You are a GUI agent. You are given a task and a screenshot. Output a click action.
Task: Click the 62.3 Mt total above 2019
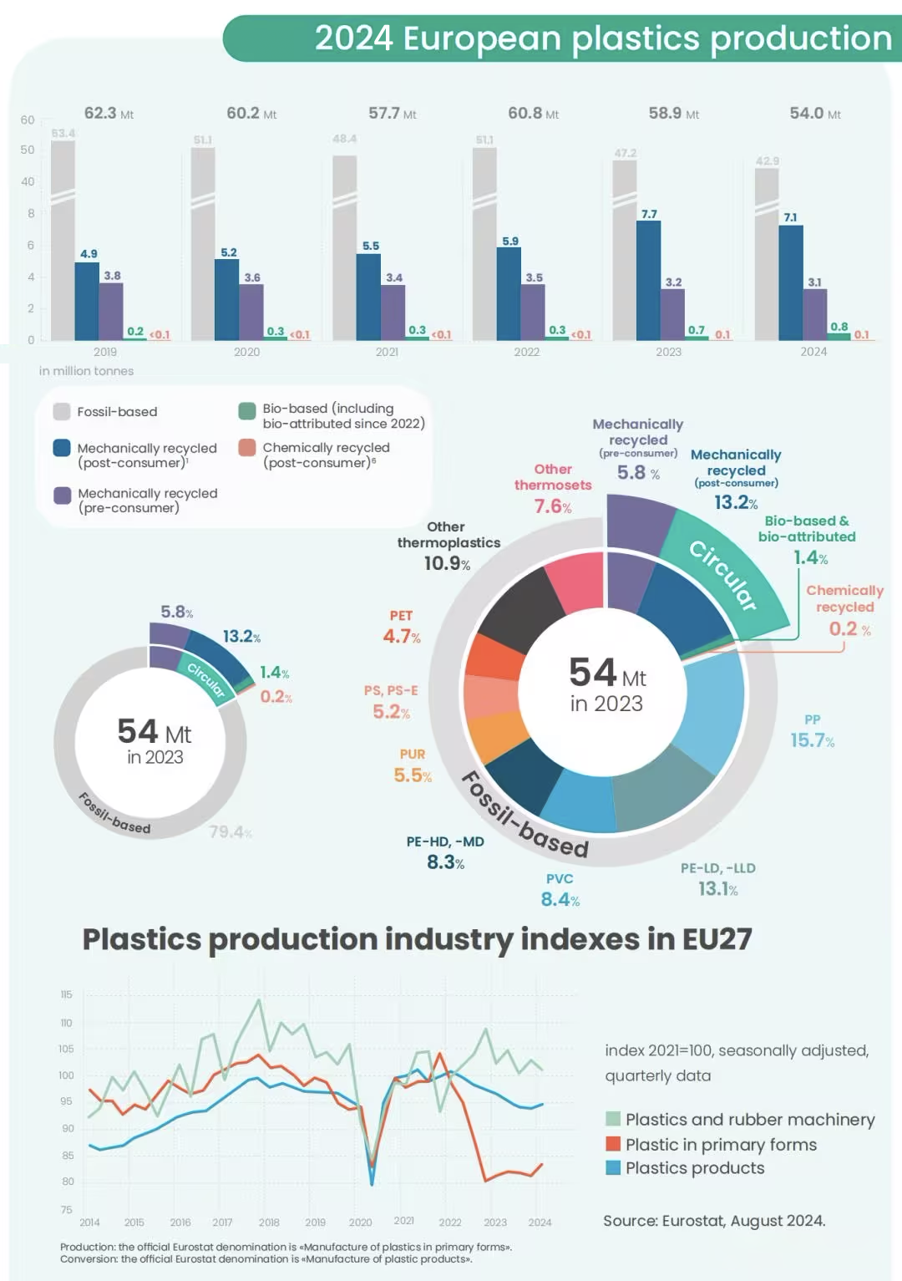point(108,113)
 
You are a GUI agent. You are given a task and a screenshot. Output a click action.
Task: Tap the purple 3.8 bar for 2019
point(111,311)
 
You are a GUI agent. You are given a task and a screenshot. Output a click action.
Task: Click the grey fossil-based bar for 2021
point(344,251)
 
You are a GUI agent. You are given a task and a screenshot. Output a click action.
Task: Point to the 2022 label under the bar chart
point(526,352)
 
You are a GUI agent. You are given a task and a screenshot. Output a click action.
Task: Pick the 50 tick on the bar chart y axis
point(28,150)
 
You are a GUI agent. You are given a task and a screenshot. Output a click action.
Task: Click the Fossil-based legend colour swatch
point(62,411)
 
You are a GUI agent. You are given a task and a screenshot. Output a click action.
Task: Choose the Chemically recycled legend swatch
point(246,448)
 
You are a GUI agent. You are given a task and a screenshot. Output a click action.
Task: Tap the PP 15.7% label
point(812,732)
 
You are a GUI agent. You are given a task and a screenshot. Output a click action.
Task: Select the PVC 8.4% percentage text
point(560,899)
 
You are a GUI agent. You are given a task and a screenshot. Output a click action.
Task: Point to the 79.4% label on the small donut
point(231,832)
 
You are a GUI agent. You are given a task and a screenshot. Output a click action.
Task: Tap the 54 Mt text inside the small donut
point(155,733)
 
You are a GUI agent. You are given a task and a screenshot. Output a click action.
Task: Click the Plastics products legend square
point(613,1167)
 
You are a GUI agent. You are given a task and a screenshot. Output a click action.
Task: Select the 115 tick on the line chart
point(66,994)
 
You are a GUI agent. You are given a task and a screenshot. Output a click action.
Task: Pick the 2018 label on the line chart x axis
point(269,1223)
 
